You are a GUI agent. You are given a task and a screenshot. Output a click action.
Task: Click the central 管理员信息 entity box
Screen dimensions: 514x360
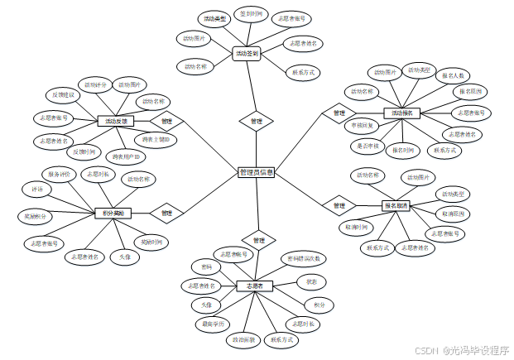click(256, 172)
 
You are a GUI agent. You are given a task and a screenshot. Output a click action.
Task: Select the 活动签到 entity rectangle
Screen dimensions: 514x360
click(247, 54)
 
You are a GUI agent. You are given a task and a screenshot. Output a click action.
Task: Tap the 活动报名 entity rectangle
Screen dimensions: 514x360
click(402, 113)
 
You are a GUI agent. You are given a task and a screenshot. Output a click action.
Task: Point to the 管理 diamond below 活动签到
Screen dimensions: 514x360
click(256, 121)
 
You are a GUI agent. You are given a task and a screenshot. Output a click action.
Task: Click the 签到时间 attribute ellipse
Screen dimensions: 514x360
click(248, 14)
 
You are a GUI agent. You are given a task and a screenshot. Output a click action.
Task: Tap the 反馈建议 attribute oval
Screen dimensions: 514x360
click(61, 94)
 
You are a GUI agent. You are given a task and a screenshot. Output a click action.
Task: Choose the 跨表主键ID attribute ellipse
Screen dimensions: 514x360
click(155, 139)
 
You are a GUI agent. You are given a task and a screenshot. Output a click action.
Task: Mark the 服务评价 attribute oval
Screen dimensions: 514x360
click(62, 174)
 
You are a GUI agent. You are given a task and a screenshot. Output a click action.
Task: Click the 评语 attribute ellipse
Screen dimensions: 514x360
click(36, 189)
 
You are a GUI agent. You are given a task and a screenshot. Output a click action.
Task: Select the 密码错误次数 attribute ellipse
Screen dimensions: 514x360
click(303, 258)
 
